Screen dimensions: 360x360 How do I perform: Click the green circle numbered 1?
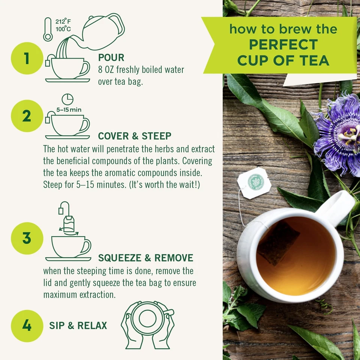coord(26,59)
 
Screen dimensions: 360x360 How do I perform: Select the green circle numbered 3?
coord(26,238)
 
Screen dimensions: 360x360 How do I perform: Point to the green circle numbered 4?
coord(26,325)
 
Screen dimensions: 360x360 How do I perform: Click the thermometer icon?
coord(48,30)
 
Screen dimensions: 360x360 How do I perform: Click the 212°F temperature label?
coord(63,21)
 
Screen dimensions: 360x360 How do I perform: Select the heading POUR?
coord(111,58)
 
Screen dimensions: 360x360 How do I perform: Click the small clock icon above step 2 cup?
coord(67,99)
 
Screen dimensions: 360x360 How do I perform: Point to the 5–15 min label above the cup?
coord(69,110)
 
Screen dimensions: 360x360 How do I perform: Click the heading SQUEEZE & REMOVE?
coord(145,258)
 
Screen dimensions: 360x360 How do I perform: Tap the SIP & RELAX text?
coord(78,325)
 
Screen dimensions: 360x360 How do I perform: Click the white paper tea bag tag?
coord(254,183)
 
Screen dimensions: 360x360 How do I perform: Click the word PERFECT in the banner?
coord(283,45)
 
